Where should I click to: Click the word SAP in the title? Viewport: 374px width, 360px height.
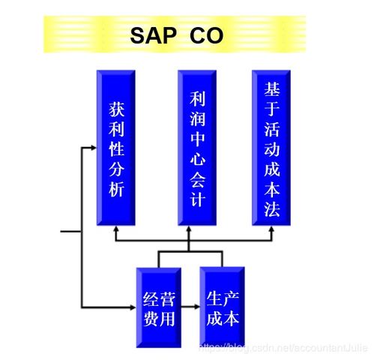pyautogui.click(x=153, y=35)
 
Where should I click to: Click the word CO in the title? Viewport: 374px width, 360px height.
pyautogui.click(x=206, y=35)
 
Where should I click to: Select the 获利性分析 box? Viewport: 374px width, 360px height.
pyautogui.click(x=116, y=148)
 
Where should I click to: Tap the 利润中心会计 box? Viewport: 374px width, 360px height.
pyautogui.click(x=197, y=148)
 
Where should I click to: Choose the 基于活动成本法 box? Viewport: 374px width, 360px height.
pyautogui.click(x=271, y=148)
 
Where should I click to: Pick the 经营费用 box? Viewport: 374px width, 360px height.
pyautogui.click(x=159, y=307)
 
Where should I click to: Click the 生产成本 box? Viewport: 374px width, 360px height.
pyautogui.click(x=222, y=307)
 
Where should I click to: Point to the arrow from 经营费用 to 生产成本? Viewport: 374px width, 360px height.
pyautogui.click(x=190, y=307)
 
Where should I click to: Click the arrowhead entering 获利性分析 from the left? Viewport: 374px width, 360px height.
pyautogui.click(x=93, y=148)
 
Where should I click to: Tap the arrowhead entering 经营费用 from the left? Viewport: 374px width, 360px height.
pyautogui.click(x=133, y=307)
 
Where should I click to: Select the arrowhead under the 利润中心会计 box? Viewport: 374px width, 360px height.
pyautogui.click(x=189, y=229)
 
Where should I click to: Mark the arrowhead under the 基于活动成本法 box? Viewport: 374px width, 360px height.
pyautogui.click(x=271, y=229)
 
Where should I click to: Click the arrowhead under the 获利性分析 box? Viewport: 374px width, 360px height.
pyautogui.click(x=115, y=229)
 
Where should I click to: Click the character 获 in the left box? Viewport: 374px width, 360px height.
pyautogui.click(x=116, y=109)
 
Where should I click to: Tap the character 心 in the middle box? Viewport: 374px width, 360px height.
pyautogui.click(x=197, y=158)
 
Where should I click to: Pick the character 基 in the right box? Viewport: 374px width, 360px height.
pyautogui.click(x=272, y=89)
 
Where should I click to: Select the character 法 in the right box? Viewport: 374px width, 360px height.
pyautogui.click(x=272, y=209)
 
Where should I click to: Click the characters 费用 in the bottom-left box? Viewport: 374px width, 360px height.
pyautogui.click(x=159, y=319)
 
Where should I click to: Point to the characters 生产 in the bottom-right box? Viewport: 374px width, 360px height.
pyautogui.click(x=223, y=298)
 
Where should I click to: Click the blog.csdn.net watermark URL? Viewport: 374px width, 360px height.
pyautogui.click(x=283, y=348)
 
